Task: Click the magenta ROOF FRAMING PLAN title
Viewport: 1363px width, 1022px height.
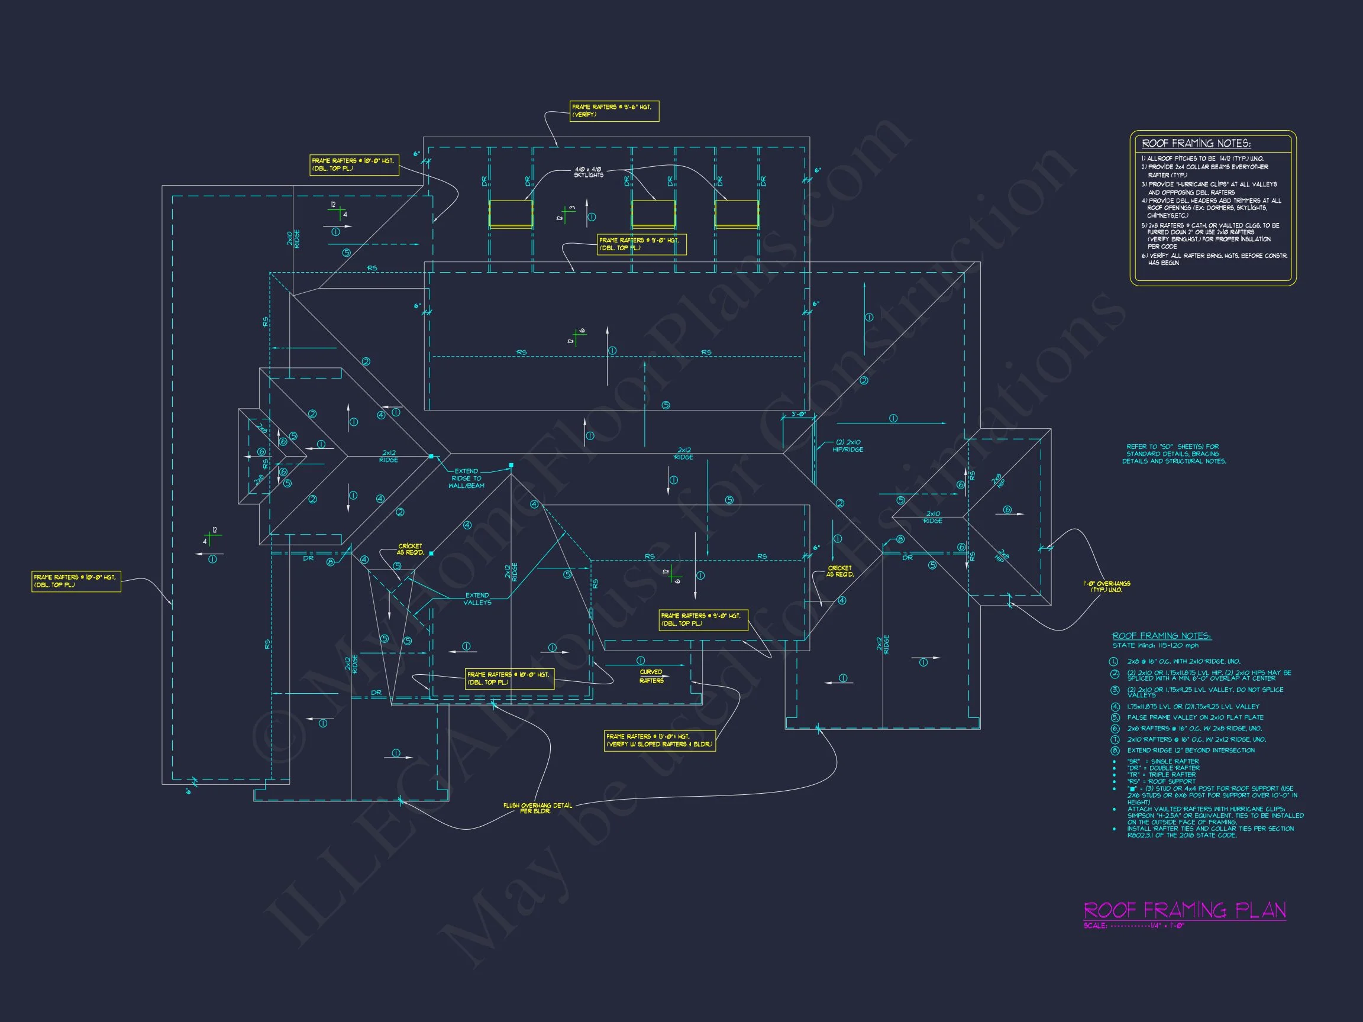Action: click(x=1184, y=910)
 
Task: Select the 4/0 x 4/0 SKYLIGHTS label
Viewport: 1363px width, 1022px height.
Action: click(x=589, y=172)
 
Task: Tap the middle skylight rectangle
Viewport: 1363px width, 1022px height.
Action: click(x=653, y=214)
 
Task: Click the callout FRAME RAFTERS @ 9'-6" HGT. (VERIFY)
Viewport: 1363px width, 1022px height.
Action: click(x=613, y=111)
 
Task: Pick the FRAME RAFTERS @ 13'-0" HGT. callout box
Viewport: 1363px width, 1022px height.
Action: click(x=660, y=740)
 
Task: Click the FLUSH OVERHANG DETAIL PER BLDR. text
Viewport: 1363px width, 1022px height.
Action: click(x=537, y=808)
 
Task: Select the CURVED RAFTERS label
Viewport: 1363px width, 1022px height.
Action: click(x=651, y=677)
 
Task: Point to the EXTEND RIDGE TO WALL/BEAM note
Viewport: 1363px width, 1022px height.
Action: click(x=466, y=478)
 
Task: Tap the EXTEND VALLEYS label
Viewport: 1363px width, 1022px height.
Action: click(x=477, y=599)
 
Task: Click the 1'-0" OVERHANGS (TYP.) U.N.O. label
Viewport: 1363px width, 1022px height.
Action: click(x=1107, y=587)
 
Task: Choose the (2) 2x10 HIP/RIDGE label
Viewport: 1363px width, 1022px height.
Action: click(x=848, y=445)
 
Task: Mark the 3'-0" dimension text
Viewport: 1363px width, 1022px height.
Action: click(x=798, y=414)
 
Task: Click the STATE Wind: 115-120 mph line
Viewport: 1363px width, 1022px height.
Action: click(x=1155, y=646)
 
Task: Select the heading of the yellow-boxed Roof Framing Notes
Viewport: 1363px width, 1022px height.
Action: click(x=1196, y=144)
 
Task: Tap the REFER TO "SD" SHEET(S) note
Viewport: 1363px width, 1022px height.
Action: click(x=1174, y=454)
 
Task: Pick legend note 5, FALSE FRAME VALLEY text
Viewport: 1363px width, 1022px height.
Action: click(x=1195, y=717)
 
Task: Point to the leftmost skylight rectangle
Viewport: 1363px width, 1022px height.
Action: click(x=511, y=214)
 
